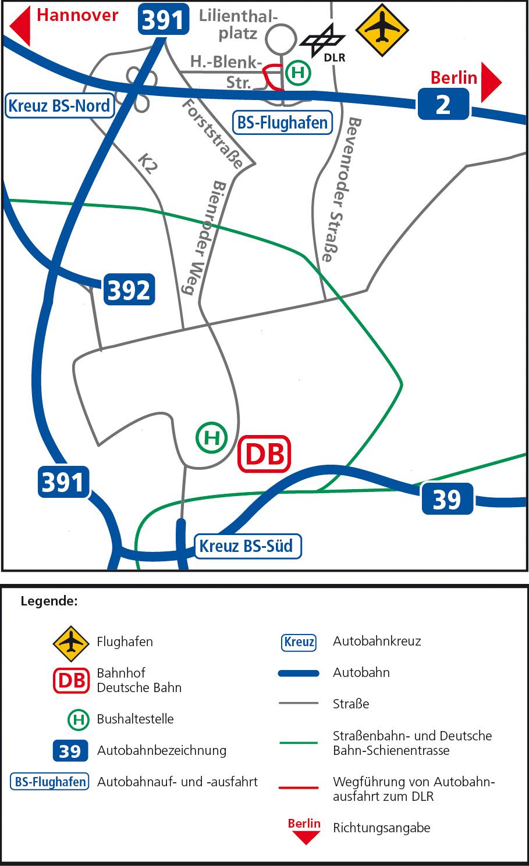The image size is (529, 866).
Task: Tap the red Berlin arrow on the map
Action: (491, 83)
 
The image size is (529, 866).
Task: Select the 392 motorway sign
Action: (129, 289)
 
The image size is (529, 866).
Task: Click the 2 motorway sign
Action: (443, 104)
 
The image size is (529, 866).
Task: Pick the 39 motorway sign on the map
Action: (447, 499)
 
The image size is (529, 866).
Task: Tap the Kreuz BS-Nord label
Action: (59, 106)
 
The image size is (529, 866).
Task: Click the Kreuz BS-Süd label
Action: (247, 546)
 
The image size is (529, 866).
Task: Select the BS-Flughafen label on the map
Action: (283, 123)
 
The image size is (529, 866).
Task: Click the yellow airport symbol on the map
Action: (382, 30)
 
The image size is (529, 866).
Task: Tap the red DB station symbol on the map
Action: (264, 454)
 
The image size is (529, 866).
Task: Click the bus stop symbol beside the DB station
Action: (211, 437)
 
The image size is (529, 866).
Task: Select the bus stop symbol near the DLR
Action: (299, 73)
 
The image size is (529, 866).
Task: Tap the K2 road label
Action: (148, 163)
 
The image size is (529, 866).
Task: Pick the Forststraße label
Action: (212, 134)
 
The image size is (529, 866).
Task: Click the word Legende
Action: (49, 601)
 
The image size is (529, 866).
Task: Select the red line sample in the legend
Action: (299, 788)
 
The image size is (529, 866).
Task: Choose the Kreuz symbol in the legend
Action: (299, 642)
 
